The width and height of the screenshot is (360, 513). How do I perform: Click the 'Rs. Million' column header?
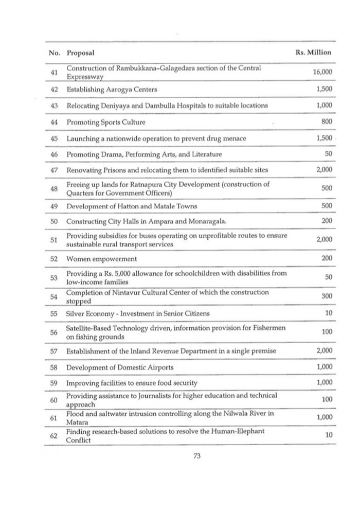[314, 52]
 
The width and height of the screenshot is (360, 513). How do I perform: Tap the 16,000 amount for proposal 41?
[322, 73]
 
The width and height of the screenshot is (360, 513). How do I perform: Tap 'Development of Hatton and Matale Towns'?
[132, 206]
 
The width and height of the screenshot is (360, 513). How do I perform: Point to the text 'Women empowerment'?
[101, 258]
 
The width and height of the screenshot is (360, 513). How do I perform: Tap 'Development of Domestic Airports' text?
[120, 367]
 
